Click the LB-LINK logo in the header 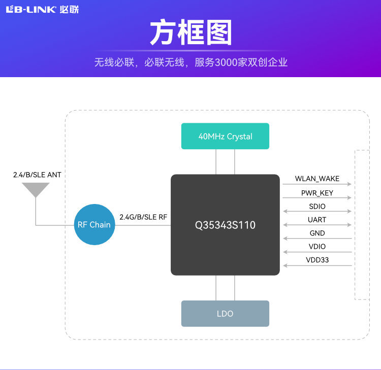coord(42,10)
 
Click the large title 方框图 coord(191,32)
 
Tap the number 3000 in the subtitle coord(226,62)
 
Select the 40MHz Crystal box coord(225,136)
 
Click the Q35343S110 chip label coord(225,225)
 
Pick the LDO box coord(225,314)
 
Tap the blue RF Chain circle coord(94,224)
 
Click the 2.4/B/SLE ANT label coord(37,175)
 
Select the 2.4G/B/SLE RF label coord(143,217)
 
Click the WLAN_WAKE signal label coord(317,179)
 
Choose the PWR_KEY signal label coord(317,193)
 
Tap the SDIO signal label coord(317,207)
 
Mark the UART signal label coord(317,220)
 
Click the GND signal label coord(317,233)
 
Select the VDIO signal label coord(317,247)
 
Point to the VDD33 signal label coord(317,260)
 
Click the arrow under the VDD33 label coord(317,265)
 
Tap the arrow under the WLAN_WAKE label coord(317,184)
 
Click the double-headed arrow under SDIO coord(317,211)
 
